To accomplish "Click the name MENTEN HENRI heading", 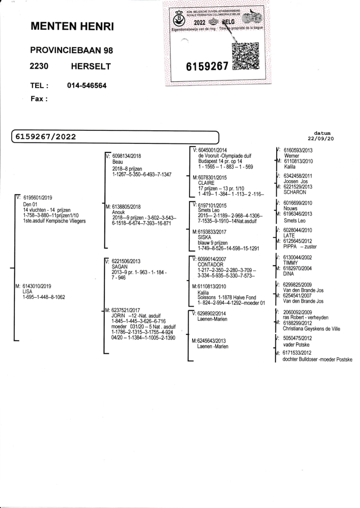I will point(72,27).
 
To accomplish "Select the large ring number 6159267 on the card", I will point(207,67).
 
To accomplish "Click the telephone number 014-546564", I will point(87,86).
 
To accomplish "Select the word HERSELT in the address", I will point(91,67).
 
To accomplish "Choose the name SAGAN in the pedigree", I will point(119,266).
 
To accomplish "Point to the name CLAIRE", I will point(206,183).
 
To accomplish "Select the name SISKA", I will point(205,237).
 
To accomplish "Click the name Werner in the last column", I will point(292,155).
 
